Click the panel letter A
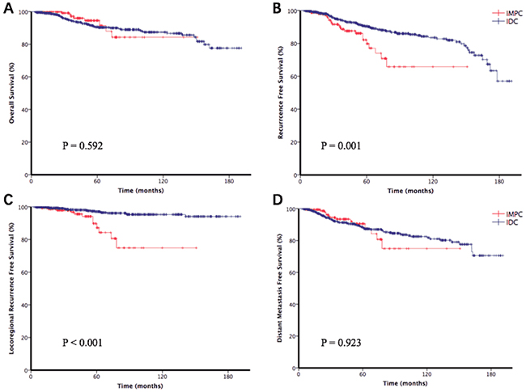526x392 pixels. click(6, 6)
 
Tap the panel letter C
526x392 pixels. click(6, 200)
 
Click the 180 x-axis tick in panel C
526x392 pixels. click(229, 377)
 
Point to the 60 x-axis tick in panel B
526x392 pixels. click(366, 182)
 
